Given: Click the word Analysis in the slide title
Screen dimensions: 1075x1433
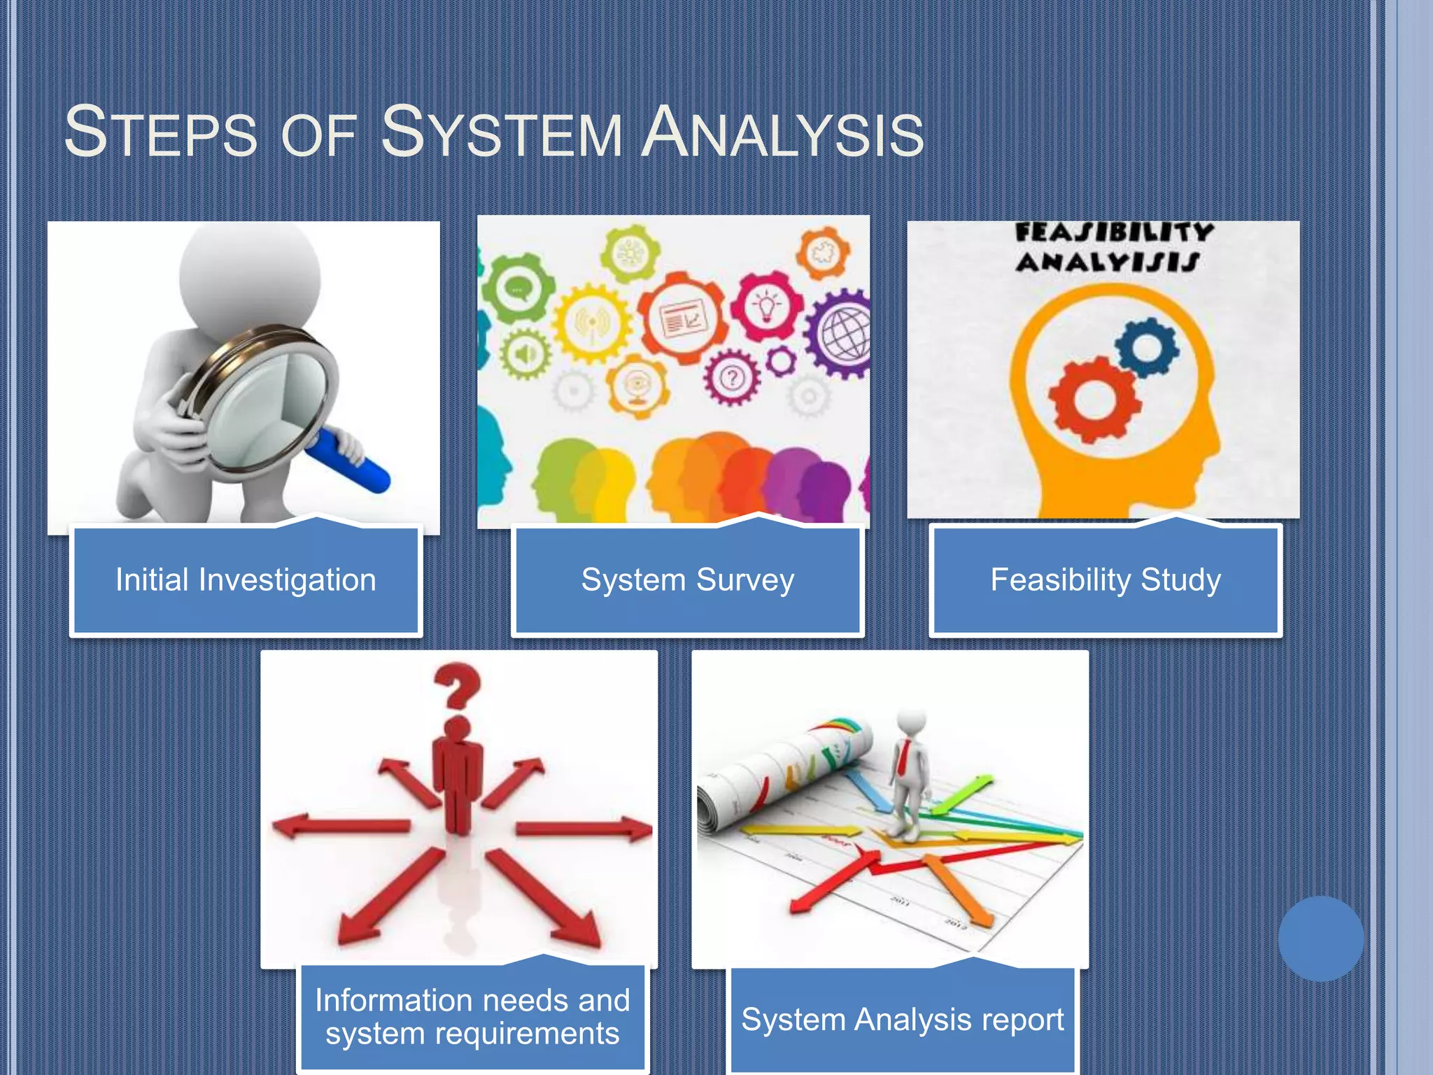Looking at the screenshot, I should (x=782, y=133).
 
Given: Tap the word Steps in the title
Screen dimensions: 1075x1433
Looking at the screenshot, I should (x=160, y=133).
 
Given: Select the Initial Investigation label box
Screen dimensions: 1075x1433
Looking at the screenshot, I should (x=246, y=580).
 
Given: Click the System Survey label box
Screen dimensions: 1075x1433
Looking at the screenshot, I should (x=687, y=580).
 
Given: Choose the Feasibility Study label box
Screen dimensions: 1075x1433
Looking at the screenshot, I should (x=1106, y=580).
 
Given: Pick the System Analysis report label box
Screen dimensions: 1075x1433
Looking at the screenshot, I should (x=902, y=1020).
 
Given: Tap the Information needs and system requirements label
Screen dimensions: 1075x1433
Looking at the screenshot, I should (x=472, y=1017).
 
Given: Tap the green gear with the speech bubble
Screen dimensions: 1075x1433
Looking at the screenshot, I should (x=518, y=288).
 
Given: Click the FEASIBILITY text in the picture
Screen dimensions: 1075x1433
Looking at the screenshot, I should (x=1114, y=232).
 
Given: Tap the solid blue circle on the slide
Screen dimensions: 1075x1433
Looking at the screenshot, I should (x=1320, y=938).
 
